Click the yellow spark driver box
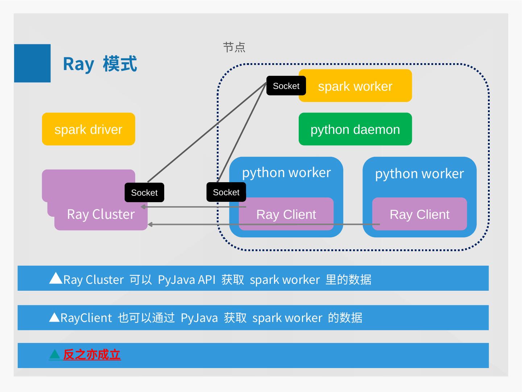tap(88, 129)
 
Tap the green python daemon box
tap(355, 129)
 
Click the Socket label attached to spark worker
tap(286, 86)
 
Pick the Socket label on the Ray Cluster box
tap(144, 193)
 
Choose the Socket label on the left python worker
tap(226, 192)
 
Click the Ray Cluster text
tap(101, 214)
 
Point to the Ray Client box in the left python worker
tap(286, 214)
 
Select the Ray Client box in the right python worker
tap(419, 214)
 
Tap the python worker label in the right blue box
tap(419, 173)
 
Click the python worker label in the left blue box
tap(286, 172)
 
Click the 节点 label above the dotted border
tap(234, 47)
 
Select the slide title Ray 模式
tap(100, 64)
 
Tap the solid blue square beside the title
tap(32, 63)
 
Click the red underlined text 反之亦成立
tap(92, 355)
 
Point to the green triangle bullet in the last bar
tap(55, 354)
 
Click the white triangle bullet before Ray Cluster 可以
tap(55, 278)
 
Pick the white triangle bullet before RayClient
tap(54, 317)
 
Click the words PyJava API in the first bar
tap(187, 279)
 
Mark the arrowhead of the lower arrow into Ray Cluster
tap(150, 224)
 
